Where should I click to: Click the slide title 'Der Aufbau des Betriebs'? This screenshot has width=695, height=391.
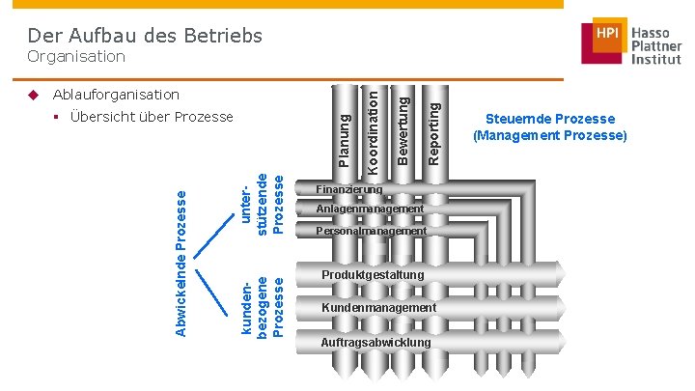point(145,36)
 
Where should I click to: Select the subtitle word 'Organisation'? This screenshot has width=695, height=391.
point(77,57)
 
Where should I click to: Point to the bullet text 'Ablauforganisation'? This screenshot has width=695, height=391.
point(116,95)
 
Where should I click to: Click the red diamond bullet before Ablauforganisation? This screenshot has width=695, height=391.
point(33,95)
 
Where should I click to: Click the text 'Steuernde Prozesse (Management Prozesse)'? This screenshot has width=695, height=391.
point(549,127)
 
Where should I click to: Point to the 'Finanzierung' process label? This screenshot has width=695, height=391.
point(349,188)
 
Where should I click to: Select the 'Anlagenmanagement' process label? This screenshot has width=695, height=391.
point(370,209)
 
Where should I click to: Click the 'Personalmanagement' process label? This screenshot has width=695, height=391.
point(372,232)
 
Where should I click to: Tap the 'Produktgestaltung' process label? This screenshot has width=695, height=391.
point(373,276)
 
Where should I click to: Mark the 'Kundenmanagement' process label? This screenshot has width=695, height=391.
point(378,307)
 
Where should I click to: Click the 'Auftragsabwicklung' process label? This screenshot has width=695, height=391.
point(375,343)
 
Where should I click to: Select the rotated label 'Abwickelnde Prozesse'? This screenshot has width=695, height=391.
point(181,264)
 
